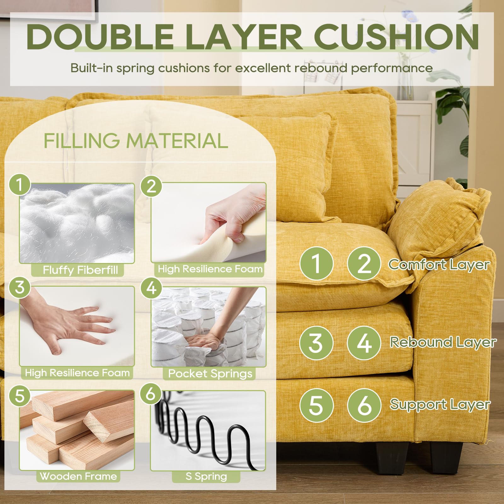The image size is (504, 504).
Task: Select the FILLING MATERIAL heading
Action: coord(136,140)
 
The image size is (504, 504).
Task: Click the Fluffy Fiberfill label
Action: coord(81,270)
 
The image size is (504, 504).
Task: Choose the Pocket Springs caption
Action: coord(210,374)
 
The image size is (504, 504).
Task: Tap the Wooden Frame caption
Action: coord(78,476)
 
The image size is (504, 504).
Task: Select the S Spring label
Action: coord(206,476)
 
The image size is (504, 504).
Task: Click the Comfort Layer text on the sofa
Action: coord(439,265)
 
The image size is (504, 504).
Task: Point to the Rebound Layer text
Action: coord(443,342)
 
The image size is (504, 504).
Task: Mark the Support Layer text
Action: coord(440,405)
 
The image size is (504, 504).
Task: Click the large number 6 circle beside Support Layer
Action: coord(364,405)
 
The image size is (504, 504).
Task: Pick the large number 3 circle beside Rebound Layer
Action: coord(316,343)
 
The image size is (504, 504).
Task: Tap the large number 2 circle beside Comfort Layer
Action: coord(364,263)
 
